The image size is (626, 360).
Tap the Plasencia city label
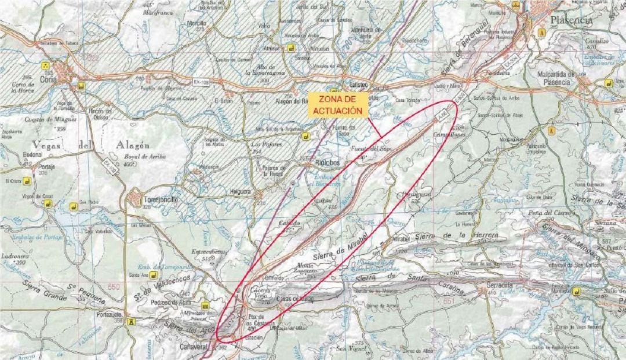click(571, 20)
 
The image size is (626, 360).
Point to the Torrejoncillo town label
click(160, 200)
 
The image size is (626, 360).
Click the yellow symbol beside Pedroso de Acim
click(205, 306)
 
